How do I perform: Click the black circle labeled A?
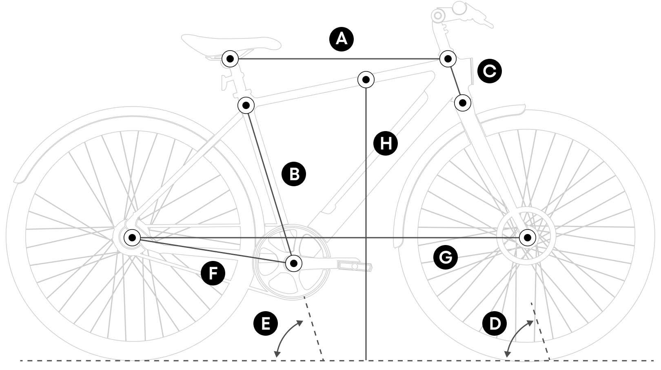(x=341, y=39)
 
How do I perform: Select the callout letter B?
(x=294, y=174)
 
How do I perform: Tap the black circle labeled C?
(x=489, y=71)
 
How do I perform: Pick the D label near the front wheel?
(x=495, y=324)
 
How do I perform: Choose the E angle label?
(x=266, y=324)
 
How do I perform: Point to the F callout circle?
(x=213, y=273)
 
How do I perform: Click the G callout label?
(x=445, y=257)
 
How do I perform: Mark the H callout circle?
(x=385, y=143)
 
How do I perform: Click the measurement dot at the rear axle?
(x=132, y=237)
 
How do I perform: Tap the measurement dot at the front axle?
(x=527, y=237)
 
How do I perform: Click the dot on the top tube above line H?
(x=366, y=79)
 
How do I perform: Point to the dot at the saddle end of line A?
(x=230, y=59)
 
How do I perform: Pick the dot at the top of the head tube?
(x=448, y=59)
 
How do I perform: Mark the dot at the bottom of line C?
(x=463, y=103)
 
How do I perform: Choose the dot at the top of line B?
(x=246, y=105)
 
